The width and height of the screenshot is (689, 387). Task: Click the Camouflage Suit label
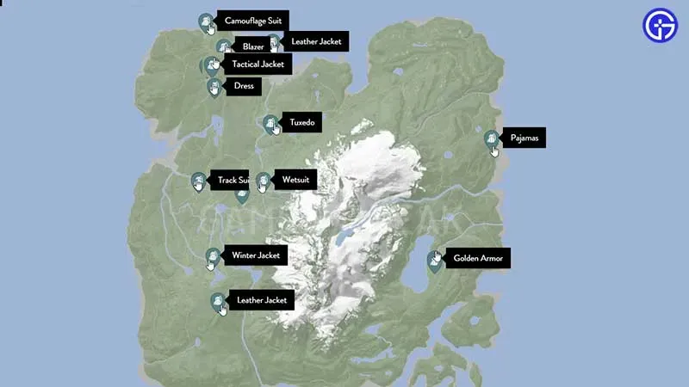coord(252,20)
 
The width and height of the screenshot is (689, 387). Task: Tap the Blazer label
coord(252,46)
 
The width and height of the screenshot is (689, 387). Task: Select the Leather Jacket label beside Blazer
coord(315,41)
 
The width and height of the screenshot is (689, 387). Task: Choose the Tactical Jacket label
coord(257,64)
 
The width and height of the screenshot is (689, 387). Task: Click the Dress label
coord(243,86)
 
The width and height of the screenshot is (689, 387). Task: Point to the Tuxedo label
coord(301,123)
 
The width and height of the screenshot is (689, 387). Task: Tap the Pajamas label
coord(523,138)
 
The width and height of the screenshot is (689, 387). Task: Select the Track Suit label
coord(232,181)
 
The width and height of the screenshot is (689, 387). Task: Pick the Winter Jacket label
coord(255,255)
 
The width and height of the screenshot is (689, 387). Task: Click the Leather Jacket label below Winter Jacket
coord(261,300)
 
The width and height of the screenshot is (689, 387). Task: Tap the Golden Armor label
coord(481,258)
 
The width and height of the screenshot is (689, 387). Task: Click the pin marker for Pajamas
coord(491,139)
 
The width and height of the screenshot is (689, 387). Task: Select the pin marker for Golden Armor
coord(435,260)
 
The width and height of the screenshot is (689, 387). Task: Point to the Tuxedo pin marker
coord(270,125)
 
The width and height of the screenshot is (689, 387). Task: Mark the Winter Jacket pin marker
coord(213,257)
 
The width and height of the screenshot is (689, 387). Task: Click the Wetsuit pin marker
coord(263,181)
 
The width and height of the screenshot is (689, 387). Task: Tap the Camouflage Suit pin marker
coord(205,21)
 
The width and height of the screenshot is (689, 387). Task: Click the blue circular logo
coord(660,26)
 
